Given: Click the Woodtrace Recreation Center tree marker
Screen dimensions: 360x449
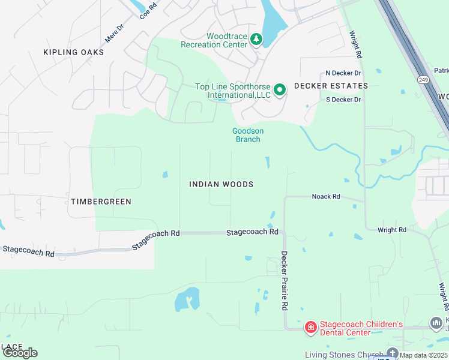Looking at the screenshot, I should (x=256, y=40).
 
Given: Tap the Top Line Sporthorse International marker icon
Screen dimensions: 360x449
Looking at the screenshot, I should (x=280, y=91).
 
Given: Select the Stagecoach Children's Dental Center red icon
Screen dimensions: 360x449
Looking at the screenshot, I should (x=310, y=327).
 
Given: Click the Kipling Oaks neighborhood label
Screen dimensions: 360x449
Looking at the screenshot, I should (x=73, y=52).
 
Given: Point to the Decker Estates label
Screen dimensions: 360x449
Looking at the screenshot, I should (x=330, y=86).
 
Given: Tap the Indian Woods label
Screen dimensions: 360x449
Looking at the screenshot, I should (x=221, y=184).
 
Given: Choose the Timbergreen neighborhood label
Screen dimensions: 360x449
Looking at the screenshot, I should (x=101, y=202).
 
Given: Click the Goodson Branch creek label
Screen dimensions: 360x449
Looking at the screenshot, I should (x=248, y=135).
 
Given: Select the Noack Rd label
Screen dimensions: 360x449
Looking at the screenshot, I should (x=326, y=196).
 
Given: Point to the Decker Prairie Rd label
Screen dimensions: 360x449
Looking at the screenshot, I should (x=285, y=280).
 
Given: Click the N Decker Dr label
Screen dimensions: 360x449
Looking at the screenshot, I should (x=343, y=73).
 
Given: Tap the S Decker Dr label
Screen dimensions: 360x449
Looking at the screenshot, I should (x=343, y=100).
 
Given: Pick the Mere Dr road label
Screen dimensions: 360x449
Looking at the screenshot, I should (x=114, y=32).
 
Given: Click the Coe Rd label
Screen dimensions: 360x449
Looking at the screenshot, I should (x=148, y=10).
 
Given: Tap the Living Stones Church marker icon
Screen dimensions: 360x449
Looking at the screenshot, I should (x=393, y=353).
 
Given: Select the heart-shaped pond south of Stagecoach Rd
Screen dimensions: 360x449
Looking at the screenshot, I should (x=187, y=298).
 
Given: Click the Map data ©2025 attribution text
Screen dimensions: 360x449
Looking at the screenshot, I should (x=424, y=355).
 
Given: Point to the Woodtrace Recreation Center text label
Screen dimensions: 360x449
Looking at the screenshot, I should (x=214, y=40).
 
